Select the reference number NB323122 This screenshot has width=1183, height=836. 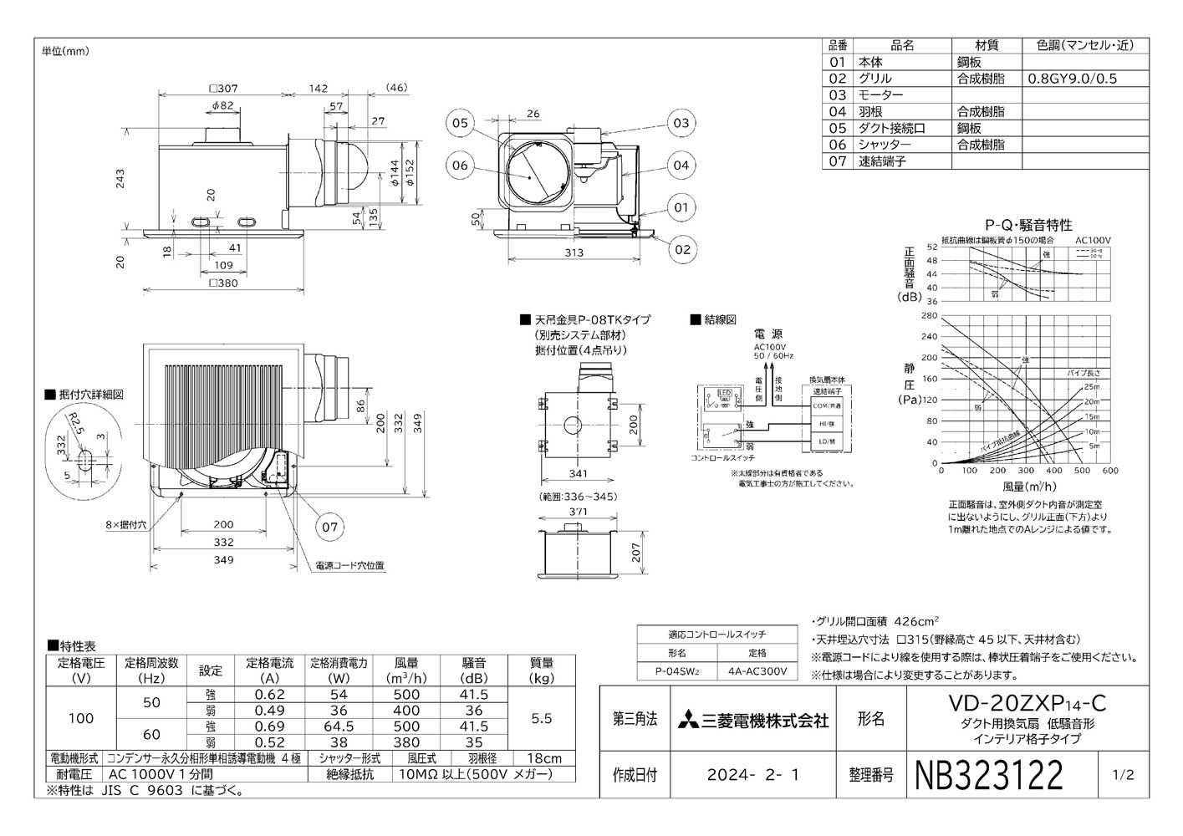click(x=990, y=775)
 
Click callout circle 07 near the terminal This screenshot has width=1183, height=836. click(x=330, y=527)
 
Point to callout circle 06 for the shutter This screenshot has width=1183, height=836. click(x=460, y=166)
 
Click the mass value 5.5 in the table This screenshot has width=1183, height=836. click(x=541, y=718)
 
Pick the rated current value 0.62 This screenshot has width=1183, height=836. click(x=269, y=695)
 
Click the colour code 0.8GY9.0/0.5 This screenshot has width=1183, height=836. click(x=1072, y=79)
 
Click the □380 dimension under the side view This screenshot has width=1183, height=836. click(x=223, y=283)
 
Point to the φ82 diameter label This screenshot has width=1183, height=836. click(x=222, y=105)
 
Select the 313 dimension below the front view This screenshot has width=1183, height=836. click(x=574, y=252)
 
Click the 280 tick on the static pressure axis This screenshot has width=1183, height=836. click(x=929, y=316)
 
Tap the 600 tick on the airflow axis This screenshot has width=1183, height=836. click(x=1110, y=471)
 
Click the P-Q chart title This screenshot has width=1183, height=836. click(x=1028, y=225)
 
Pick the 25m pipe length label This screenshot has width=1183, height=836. click(x=1092, y=387)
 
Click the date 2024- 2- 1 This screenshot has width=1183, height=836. click(x=753, y=775)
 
